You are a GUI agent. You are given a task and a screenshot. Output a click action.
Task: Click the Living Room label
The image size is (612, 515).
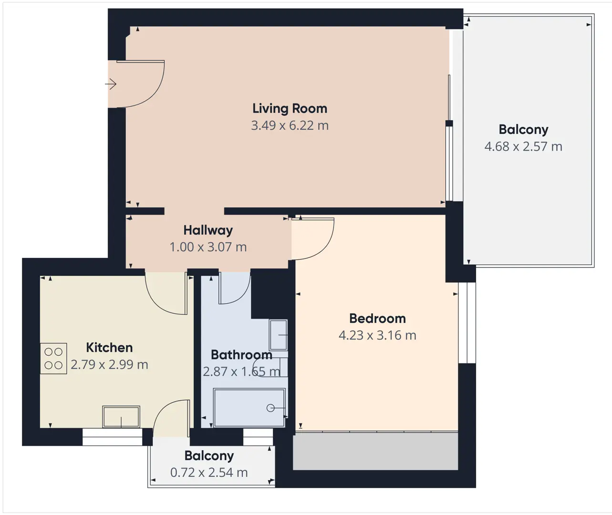click(x=290, y=109)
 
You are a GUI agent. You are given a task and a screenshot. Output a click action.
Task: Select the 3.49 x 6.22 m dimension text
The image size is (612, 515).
click(x=290, y=125)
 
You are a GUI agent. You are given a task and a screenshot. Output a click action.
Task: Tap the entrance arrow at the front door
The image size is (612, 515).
click(x=111, y=84)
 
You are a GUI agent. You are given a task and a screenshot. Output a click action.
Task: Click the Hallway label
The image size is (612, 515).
click(x=208, y=230)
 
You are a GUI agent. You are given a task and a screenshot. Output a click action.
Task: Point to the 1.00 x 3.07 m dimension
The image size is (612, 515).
click(x=208, y=247)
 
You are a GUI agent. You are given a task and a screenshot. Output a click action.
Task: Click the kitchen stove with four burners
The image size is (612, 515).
click(x=53, y=358)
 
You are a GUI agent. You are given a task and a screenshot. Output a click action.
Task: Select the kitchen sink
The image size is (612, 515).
click(x=121, y=416)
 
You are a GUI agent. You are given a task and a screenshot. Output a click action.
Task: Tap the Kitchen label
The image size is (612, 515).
click(x=109, y=348)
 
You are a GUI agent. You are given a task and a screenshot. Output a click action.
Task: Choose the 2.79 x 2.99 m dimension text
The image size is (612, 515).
click(x=109, y=365)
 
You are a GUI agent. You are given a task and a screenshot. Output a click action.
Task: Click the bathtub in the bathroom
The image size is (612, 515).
click(x=249, y=407)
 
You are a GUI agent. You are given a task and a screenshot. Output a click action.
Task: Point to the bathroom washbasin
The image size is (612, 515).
click(x=278, y=335)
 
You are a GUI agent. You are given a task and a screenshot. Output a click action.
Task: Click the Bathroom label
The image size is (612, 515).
click(x=241, y=355)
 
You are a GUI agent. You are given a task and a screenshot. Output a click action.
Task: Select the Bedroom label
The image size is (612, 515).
click(x=377, y=319)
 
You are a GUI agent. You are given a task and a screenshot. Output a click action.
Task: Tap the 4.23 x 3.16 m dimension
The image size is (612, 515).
click(x=377, y=335)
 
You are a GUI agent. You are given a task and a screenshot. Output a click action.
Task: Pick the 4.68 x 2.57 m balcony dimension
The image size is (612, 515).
click(x=523, y=146)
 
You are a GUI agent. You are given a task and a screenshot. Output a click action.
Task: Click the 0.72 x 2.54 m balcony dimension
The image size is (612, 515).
click(x=209, y=473)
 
